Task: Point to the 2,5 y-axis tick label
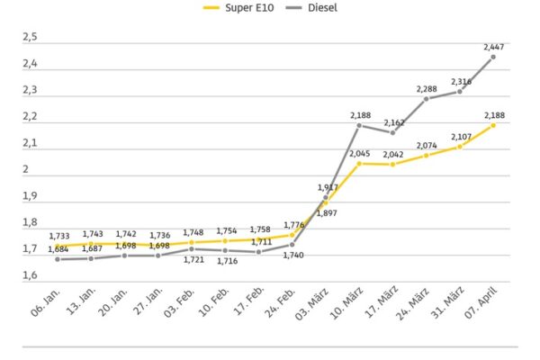click(30, 37)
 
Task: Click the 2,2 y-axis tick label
click(30, 116)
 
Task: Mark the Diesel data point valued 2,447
click(493, 57)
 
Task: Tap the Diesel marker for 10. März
click(359, 125)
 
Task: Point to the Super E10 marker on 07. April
click(493, 125)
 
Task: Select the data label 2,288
click(427, 88)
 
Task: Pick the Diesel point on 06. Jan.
click(58, 259)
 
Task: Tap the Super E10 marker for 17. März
click(392, 164)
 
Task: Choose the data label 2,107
click(460, 137)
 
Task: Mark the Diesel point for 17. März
click(392, 132)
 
